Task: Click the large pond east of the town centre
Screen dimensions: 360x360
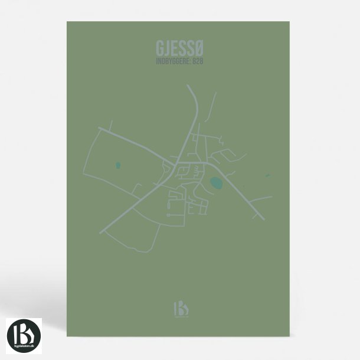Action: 217,183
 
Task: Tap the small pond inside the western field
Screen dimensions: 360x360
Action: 118,165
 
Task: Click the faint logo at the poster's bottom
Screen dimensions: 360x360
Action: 179,308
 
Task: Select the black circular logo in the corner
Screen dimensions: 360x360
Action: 24,336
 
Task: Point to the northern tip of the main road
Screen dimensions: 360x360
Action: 188,86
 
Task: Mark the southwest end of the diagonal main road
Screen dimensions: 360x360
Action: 101,230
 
